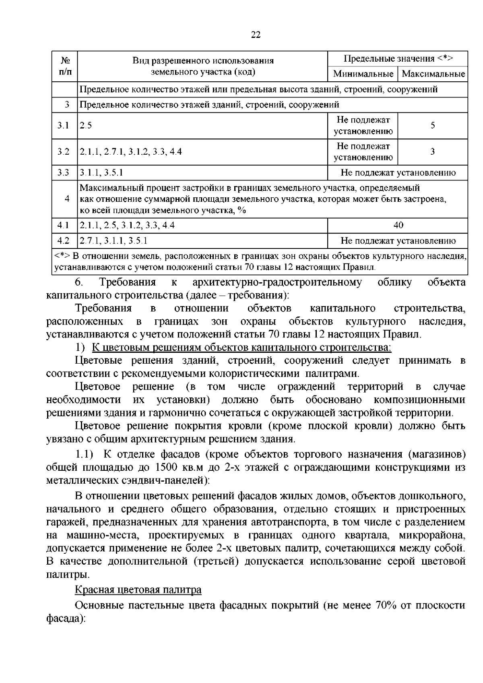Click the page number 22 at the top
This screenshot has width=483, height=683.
pos(256,35)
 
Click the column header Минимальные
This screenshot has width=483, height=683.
pos(363,74)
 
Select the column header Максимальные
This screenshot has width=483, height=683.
pos(433,74)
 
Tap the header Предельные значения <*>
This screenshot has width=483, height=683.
pos(398,59)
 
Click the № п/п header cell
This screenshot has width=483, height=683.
pos(64,66)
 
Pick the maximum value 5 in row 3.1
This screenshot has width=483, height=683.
pos(433,125)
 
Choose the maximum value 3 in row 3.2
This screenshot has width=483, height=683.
pos(433,152)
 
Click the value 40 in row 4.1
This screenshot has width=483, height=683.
pos(398,225)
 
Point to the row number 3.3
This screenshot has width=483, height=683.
pos(63,173)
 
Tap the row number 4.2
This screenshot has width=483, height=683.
pos(63,241)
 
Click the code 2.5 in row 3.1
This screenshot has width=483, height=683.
pos(86,125)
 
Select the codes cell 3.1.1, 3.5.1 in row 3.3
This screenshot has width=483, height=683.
pos(101,173)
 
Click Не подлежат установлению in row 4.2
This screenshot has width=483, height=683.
pos(398,241)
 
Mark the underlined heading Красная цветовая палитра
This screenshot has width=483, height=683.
pos(138,590)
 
